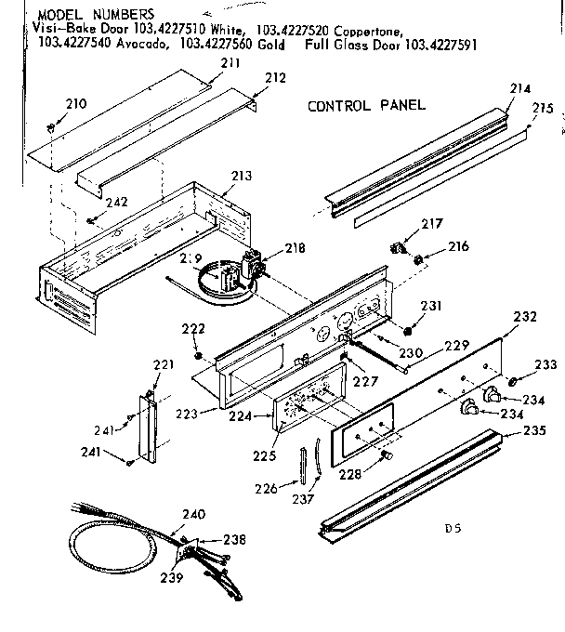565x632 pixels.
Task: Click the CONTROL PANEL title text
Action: pyautogui.click(x=366, y=105)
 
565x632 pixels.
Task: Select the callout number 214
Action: pyautogui.click(x=519, y=89)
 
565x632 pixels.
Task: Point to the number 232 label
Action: pyautogui.click(x=525, y=317)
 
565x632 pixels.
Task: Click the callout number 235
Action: pyautogui.click(x=533, y=430)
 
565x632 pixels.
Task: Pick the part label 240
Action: pyautogui.click(x=193, y=515)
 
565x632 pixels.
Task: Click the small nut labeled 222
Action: pyautogui.click(x=198, y=355)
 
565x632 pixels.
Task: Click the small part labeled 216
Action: pyautogui.click(x=419, y=258)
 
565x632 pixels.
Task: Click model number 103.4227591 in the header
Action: pyautogui.click(x=441, y=43)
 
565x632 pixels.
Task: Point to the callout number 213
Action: pyautogui.click(x=241, y=175)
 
